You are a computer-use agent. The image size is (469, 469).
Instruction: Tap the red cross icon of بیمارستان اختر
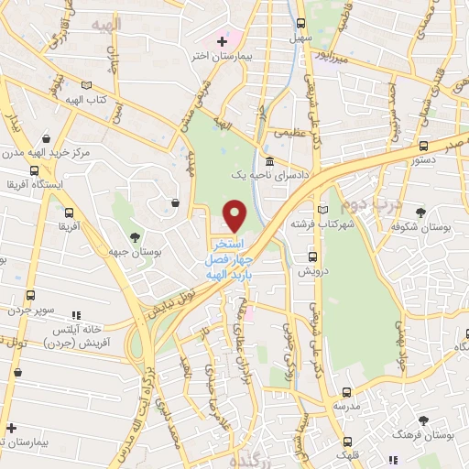tap(221, 40)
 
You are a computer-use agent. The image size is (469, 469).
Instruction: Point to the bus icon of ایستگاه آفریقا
tap(34, 170)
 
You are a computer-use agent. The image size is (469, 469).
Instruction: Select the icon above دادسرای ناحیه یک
tap(267, 158)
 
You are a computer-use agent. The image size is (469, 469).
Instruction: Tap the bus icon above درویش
tap(312, 257)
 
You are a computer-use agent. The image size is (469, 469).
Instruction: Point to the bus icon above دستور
tap(422, 145)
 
